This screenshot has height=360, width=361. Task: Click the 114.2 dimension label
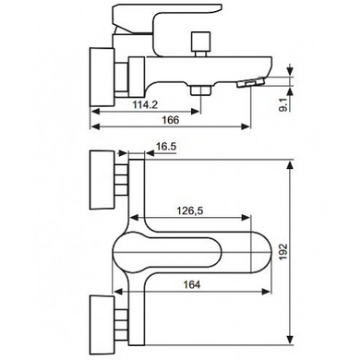tap(145, 104)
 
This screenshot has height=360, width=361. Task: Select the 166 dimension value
tap(170, 120)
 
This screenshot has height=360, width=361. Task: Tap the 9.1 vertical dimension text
tap(283, 103)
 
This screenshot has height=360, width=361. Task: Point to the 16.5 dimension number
tap(165, 147)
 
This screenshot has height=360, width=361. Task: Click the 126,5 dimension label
tap(189, 210)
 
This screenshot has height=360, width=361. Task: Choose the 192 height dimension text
tap(283, 251)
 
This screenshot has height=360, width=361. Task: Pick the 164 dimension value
tap(192, 284)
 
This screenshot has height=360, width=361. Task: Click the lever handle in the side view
tap(166, 18)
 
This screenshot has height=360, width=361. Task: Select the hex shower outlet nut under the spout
tap(200, 90)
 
